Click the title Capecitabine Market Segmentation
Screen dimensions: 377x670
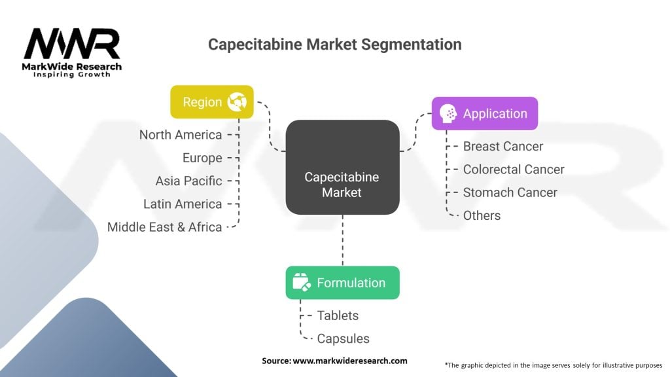334,45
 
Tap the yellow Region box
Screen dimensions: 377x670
211,102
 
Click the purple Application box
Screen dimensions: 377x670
484,113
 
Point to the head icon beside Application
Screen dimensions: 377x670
448,113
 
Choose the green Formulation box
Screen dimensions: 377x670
342,283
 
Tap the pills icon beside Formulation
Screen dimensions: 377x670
301,283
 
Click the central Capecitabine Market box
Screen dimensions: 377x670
342,168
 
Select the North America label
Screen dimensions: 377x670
181,135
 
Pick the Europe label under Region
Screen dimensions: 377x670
202,158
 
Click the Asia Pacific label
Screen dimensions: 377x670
188,181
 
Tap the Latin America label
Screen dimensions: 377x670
183,204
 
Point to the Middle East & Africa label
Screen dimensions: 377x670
165,227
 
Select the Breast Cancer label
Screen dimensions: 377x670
502,146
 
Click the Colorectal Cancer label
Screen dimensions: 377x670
514,169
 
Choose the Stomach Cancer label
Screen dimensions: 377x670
510,192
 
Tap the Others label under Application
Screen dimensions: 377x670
482,215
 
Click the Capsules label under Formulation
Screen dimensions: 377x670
343,338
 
